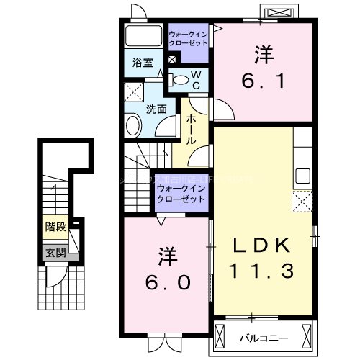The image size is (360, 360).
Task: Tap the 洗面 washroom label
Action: [157, 109]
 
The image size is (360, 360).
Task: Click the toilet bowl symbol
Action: [181, 80]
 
